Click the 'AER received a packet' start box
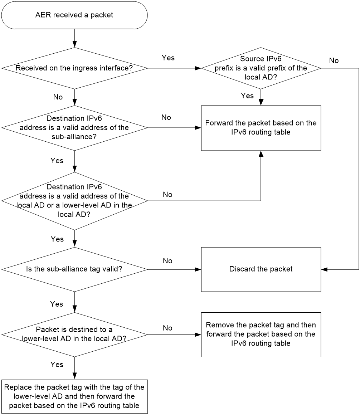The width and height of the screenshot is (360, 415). point(74,15)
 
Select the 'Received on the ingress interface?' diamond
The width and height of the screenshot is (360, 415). point(75,68)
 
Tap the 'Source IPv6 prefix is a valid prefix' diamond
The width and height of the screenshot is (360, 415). point(261,68)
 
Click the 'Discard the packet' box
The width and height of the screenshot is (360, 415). point(261,269)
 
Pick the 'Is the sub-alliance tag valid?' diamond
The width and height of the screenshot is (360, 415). point(75,269)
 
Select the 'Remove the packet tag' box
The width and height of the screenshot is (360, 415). point(261,335)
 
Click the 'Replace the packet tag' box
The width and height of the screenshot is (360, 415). point(74,396)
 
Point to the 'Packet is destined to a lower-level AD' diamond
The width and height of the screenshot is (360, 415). point(75,335)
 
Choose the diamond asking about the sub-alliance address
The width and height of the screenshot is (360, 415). point(75,128)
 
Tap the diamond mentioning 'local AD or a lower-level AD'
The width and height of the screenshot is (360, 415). point(75,201)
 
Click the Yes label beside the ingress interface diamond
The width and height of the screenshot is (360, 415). point(168,58)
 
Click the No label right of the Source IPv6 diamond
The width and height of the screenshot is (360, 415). point(334,60)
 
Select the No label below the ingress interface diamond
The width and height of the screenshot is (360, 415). point(58,97)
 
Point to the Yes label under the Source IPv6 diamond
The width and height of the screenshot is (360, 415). point(247,96)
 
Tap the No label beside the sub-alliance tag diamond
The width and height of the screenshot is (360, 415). point(167,261)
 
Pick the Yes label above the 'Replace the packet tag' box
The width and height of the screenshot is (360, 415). point(57,365)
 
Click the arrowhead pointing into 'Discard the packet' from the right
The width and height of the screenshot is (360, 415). point(324,269)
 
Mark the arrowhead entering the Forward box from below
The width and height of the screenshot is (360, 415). point(261,154)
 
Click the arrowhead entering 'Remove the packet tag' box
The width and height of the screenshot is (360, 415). point(198,335)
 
